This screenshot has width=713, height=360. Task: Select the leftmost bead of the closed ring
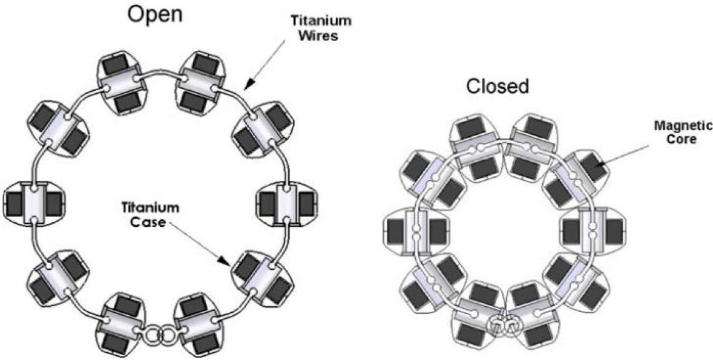409,231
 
